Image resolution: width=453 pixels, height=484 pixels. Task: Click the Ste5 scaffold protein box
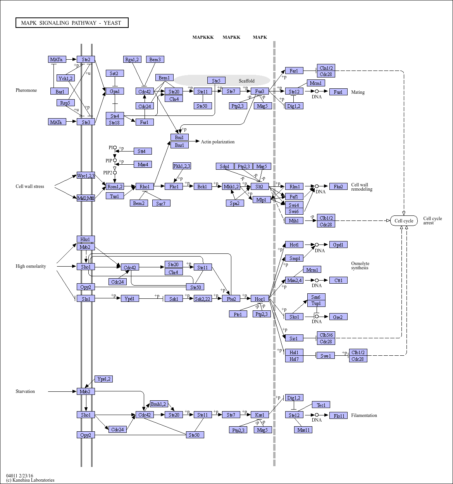tap(216, 81)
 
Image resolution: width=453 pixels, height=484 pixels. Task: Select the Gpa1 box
tap(115, 91)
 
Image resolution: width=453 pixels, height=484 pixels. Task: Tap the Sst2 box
tap(115, 73)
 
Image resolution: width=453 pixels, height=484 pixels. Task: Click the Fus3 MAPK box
tap(260, 91)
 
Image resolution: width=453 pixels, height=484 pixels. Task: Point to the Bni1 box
tap(179, 137)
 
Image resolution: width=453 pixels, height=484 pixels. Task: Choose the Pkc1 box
tap(174, 186)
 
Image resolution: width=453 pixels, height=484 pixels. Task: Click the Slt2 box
tap(260, 186)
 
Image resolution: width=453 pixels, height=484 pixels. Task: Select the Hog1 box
tap(260, 298)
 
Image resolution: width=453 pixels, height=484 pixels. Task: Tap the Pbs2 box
tap(231, 298)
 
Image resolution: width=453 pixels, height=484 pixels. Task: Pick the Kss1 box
tap(260, 415)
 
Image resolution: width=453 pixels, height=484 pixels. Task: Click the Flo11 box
tap(338, 415)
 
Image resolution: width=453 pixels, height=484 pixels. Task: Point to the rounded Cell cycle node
tap(404, 221)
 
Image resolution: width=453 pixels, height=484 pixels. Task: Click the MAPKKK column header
tap(203, 37)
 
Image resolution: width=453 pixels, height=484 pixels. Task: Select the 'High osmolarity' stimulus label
tap(31, 266)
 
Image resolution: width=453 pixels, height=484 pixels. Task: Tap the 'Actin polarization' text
tap(217, 142)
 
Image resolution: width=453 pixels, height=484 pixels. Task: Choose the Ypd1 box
tap(130, 298)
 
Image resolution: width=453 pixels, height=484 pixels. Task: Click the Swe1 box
tap(326, 356)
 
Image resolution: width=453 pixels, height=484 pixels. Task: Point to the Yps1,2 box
tap(103, 379)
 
